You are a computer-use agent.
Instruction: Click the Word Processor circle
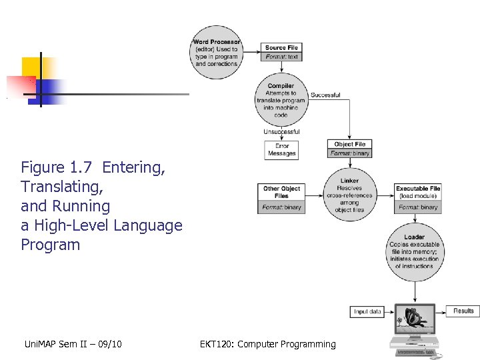point(217,52)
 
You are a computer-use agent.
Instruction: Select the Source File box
point(281,52)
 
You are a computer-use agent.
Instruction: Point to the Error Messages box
point(281,149)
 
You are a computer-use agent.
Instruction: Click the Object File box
point(350,149)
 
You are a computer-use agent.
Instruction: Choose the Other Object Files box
point(281,197)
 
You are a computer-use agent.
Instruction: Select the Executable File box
point(418,197)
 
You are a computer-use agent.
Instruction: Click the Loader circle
point(414,251)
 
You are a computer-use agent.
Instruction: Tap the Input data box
point(367,311)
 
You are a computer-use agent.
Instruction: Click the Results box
point(463,311)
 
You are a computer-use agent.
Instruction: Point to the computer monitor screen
point(415,319)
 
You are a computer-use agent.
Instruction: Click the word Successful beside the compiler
point(325,95)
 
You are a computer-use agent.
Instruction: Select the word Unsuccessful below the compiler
point(281,131)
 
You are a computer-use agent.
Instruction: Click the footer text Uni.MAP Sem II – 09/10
point(71,344)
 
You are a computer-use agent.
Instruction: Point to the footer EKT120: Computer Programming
point(268,344)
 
